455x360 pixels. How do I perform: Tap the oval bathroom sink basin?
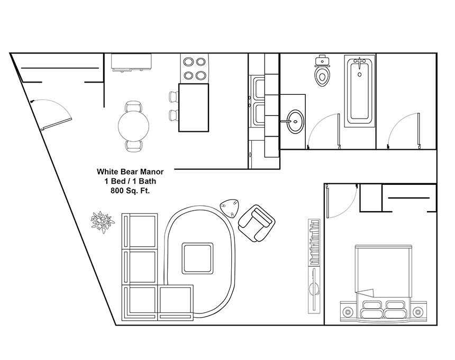click(295, 121)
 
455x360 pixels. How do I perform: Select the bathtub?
click(360, 91)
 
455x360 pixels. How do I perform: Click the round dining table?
click(133, 125)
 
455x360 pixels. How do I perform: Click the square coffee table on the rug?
click(198, 258)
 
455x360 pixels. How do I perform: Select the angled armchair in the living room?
click(257, 223)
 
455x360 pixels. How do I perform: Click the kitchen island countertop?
click(194, 107)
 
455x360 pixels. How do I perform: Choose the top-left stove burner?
click(189, 62)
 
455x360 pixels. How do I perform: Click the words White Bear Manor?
click(130, 172)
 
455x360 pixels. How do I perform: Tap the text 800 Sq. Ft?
click(130, 191)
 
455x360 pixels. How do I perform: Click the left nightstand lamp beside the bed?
click(347, 312)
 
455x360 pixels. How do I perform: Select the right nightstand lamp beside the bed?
click(418, 312)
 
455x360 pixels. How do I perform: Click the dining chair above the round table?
click(133, 106)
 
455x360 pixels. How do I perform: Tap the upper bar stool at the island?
click(174, 96)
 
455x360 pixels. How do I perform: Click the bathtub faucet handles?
click(360, 61)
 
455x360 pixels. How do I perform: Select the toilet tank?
click(322, 60)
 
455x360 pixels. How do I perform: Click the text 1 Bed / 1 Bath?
click(130, 181)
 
